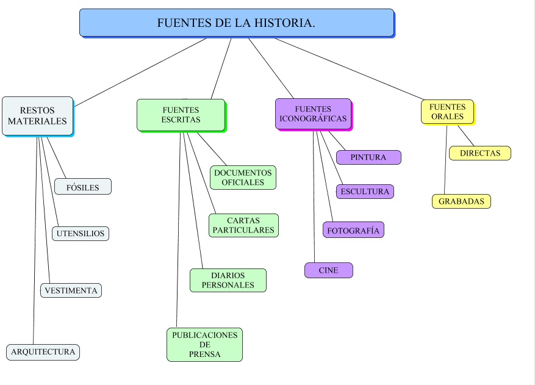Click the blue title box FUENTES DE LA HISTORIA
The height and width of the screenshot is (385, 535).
coord(236,23)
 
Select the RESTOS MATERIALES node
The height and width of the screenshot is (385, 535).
coord(37,116)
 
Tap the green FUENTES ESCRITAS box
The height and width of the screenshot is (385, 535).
coord(181,115)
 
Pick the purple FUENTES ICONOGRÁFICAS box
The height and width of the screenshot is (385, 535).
coord(313,113)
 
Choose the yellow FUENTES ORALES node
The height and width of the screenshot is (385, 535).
coord(447,112)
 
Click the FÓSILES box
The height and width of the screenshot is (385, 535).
coord(83,187)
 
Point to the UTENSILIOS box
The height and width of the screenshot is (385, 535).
coord(81,233)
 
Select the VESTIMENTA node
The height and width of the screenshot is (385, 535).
coord(71,290)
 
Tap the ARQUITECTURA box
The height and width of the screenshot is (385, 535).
coord(43,351)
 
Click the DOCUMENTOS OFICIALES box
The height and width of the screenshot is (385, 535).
coord(243,178)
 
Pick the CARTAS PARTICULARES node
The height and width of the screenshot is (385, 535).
coord(243,225)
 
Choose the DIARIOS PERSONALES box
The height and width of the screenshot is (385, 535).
coord(228,280)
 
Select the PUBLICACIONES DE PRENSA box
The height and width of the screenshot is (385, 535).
coord(204,345)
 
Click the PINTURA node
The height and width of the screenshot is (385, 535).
coord(368,157)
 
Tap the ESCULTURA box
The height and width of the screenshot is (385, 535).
coord(365,192)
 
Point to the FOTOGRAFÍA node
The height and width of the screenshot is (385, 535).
coord(353,230)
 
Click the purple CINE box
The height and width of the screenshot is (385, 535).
coord(329,270)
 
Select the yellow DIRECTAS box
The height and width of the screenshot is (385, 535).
coord(480,153)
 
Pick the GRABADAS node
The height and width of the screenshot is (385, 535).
coord(461,201)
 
